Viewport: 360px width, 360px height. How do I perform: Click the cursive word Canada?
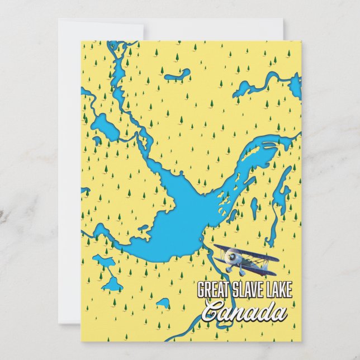click(x=244, y=311)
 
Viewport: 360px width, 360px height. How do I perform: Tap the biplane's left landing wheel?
click(x=229, y=269)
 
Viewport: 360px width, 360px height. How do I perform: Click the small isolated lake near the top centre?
click(x=178, y=74)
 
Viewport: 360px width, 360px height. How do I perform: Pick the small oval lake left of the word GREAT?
click(x=163, y=304)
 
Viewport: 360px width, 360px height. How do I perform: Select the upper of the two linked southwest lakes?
click(x=103, y=260)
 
